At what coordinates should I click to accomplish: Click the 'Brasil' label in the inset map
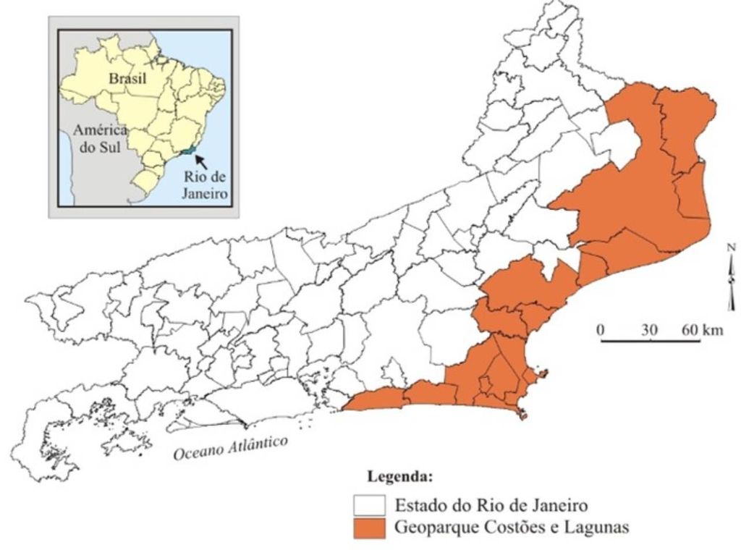pyautogui.click(x=127, y=78)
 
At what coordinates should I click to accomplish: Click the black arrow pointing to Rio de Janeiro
pyautogui.click(x=204, y=158)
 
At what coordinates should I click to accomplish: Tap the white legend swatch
pyautogui.click(x=369, y=504)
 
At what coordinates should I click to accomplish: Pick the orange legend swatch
pyautogui.click(x=369, y=528)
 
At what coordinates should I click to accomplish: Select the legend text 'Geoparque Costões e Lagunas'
pyautogui.click(x=511, y=528)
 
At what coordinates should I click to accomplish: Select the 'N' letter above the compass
pyautogui.click(x=732, y=248)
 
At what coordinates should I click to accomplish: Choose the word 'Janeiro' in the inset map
pyautogui.click(x=206, y=193)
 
